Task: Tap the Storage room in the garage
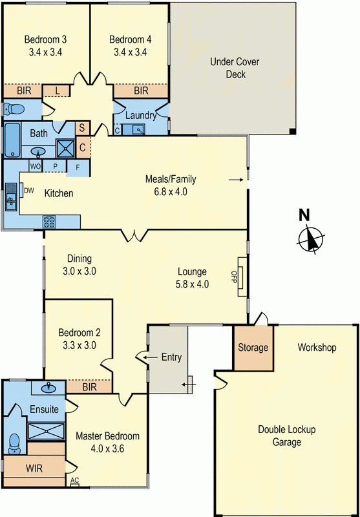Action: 253,348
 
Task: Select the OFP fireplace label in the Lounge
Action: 234,277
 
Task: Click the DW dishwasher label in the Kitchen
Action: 29,191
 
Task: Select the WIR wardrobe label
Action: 34,468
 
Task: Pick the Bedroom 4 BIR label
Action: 141,92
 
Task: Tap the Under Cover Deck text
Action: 227,69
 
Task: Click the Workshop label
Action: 317,348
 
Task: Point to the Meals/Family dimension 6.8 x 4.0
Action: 171,191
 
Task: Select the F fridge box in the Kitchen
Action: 78,167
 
